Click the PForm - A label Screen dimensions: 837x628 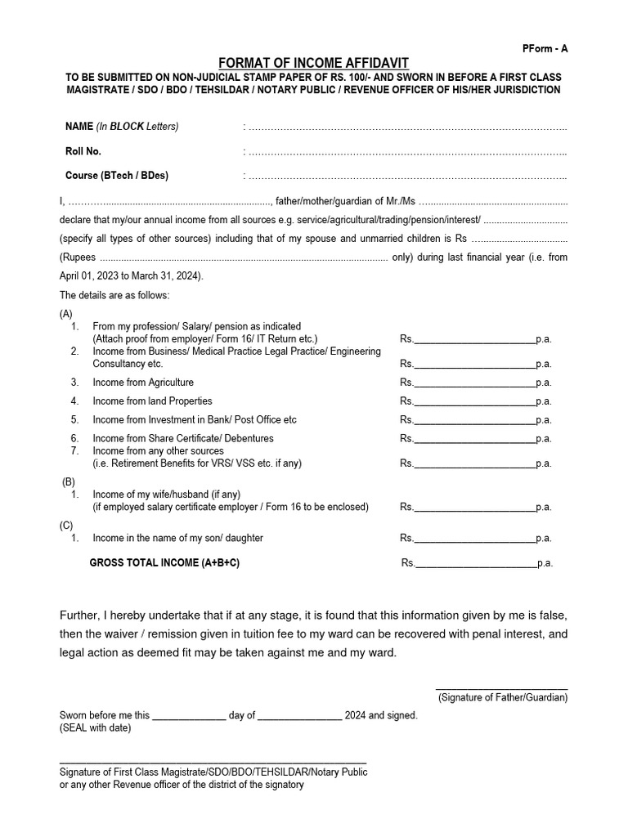click(x=545, y=48)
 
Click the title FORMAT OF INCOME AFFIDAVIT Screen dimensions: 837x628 click(x=313, y=63)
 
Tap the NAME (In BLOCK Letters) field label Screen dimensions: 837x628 click(x=122, y=127)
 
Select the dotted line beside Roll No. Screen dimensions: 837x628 click(x=406, y=152)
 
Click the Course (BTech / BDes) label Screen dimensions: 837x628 click(x=117, y=176)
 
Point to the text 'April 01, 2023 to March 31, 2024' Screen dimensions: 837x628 click(x=131, y=275)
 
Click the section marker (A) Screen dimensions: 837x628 click(x=66, y=314)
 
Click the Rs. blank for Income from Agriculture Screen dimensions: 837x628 click(x=475, y=383)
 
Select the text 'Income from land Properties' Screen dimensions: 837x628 click(x=152, y=401)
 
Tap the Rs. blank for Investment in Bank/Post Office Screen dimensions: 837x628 click(x=475, y=420)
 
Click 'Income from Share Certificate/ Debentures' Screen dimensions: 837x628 click(x=183, y=439)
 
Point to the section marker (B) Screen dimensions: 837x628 click(x=70, y=482)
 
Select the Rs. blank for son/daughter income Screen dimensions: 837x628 click(x=475, y=539)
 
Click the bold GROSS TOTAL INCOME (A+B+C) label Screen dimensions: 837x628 click(x=164, y=563)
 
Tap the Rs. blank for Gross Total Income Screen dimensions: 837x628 click(x=476, y=563)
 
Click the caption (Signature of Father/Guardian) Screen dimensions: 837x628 click(x=502, y=697)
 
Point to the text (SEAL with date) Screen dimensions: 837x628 click(x=95, y=727)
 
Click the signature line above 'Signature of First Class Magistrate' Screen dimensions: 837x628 click(x=213, y=762)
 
